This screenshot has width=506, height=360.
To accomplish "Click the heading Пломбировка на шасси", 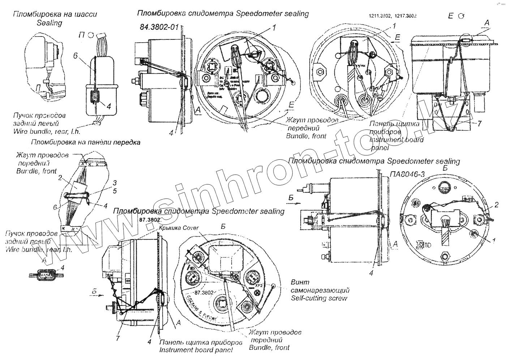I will [55, 14].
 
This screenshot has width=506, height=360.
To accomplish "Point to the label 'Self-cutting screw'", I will [319, 298].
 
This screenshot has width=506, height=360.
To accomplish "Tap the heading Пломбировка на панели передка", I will [86, 142].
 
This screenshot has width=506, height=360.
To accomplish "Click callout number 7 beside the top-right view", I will [479, 124].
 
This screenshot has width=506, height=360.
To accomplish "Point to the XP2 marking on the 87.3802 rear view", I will [258, 286].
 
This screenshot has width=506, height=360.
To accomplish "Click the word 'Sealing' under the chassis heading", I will [50, 23].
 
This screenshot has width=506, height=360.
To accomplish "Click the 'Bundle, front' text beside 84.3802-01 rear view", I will [306, 136].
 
